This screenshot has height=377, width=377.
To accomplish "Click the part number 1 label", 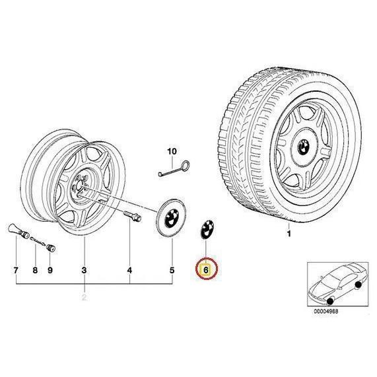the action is (289, 234).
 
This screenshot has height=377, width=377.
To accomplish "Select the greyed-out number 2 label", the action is (84, 297).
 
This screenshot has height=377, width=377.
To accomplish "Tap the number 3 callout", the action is (84, 270).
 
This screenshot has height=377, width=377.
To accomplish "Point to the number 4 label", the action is (129, 270).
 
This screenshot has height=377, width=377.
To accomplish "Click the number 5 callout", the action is (172, 270).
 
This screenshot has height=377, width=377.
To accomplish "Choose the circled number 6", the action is (206, 269).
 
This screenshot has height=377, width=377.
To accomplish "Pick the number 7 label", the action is (16, 270).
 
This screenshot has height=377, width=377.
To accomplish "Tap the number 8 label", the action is (35, 270).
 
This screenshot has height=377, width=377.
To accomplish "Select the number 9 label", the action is (50, 270).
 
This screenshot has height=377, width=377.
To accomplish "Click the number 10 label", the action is (172, 151).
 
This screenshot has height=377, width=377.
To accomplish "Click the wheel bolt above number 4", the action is (132, 216).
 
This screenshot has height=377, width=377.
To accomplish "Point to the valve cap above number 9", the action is (51, 248).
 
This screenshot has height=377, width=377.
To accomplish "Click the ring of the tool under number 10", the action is (186, 165).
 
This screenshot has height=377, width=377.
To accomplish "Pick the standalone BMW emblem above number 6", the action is (207, 229).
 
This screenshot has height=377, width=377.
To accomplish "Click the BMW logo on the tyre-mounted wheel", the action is (304, 147).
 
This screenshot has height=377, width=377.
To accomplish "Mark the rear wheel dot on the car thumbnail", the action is (359, 285).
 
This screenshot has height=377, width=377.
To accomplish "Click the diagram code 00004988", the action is (326, 311).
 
